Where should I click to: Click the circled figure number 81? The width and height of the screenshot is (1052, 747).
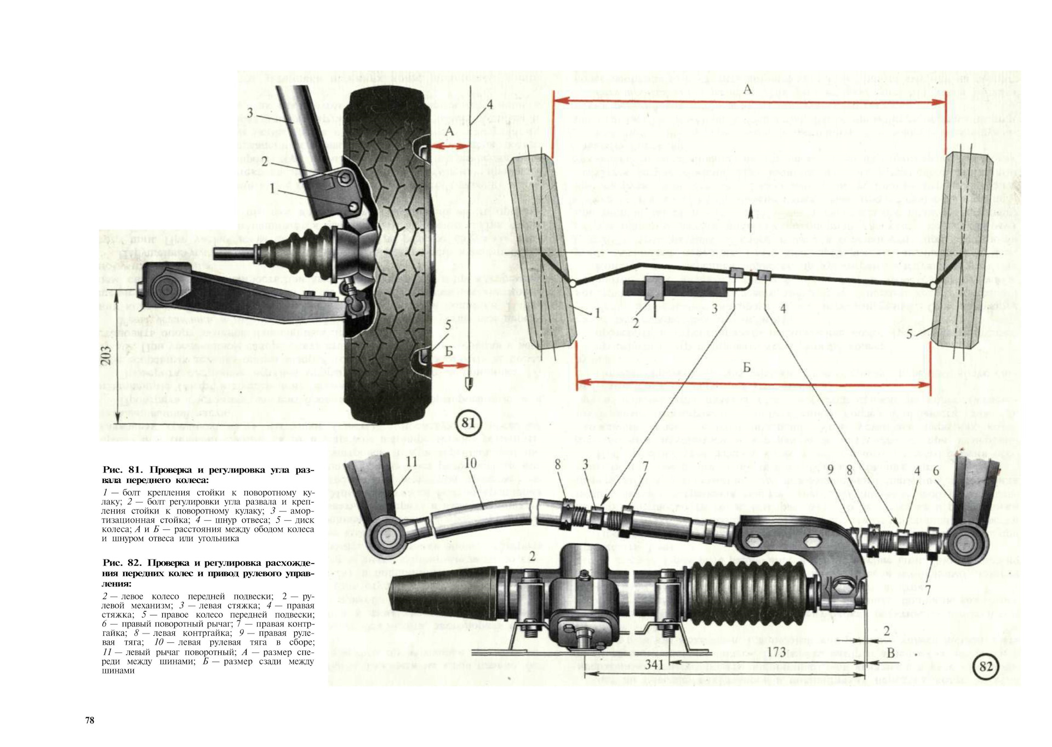pos(467,424)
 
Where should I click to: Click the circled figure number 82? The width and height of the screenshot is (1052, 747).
pos(985,666)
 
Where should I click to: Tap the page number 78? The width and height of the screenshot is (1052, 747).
pos(90,720)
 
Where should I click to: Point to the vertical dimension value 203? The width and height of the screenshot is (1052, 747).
pos(107,356)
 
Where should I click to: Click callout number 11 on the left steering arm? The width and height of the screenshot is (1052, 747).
pos(411,462)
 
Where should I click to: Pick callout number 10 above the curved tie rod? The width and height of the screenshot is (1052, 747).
pos(471,463)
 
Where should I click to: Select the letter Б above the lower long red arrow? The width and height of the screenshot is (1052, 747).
pos(746,367)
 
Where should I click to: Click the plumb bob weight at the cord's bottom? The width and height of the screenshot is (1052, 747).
pos(468,381)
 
